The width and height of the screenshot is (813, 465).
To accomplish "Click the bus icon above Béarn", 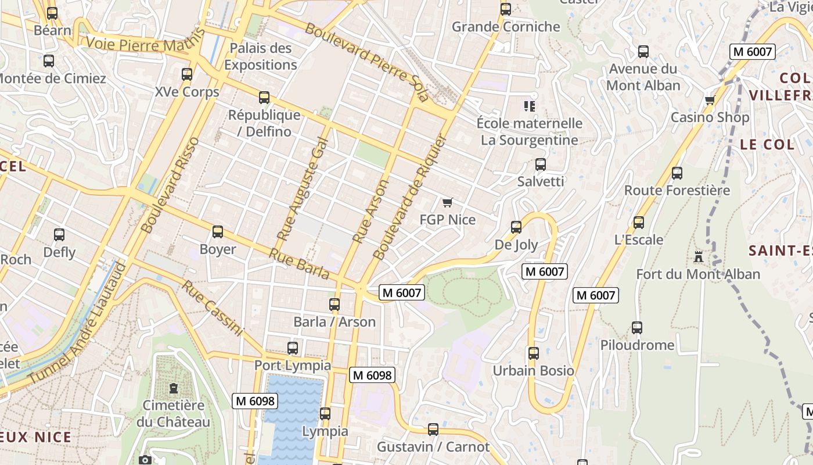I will (x=52, y=13).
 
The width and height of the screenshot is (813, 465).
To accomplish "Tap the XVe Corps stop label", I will (x=187, y=92).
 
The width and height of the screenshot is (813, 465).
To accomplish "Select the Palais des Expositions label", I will (x=261, y=56).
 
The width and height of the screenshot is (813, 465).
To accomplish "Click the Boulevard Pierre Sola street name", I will (x=367, y=62).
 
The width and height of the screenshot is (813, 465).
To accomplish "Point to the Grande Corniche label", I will (x=506, y=27).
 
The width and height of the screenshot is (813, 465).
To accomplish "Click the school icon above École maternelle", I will (x=529, y=106).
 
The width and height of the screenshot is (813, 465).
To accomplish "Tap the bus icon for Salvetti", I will (x=541, y=164).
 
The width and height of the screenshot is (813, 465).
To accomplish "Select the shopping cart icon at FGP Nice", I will (x=447, y=202).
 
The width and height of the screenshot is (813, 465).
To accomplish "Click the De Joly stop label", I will (x=516, y=245).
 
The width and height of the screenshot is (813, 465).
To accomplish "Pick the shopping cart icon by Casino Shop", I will (x=710, y=101).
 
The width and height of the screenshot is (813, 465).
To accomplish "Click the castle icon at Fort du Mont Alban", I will (x=698, y=256).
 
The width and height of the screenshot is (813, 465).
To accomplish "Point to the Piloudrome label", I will (x=637, y=345).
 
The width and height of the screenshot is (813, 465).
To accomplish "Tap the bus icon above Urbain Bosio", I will (x=533, y=353).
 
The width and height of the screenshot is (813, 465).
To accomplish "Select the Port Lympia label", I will (x=293, y=366).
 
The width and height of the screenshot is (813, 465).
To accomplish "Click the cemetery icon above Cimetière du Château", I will (x=173, y=388).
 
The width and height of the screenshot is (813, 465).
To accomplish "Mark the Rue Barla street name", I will (x=299, y=264).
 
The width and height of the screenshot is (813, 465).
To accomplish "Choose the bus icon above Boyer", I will (x=218, y=232).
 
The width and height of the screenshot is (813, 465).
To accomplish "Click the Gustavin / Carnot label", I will (x=433, y=447).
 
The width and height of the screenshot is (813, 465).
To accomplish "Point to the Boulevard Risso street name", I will (x=170, y=185).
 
